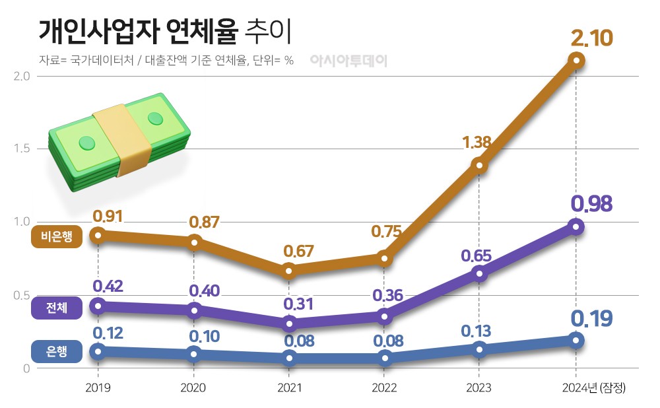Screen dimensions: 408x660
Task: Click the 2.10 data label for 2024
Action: click(592, 38)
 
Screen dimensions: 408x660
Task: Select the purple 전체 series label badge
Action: click(57, 308)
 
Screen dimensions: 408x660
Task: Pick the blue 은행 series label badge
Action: click(57, 351)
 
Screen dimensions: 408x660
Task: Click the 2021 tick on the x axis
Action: click(288, 388)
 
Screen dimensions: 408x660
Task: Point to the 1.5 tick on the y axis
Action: click(22, 149)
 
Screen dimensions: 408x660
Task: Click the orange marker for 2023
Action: click(480, 165)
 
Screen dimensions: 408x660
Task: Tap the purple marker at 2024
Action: click(576, 226)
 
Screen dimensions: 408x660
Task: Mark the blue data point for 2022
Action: click(385, 358)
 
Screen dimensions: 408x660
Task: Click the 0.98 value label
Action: click(591, 203)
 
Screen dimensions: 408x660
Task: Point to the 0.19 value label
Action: click(591, 319)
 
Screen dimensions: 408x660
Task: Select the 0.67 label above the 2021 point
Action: click(298, 251)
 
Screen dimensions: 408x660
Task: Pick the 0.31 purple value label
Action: click(298, 304)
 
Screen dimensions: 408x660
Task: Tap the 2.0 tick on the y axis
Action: click(22, 76)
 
